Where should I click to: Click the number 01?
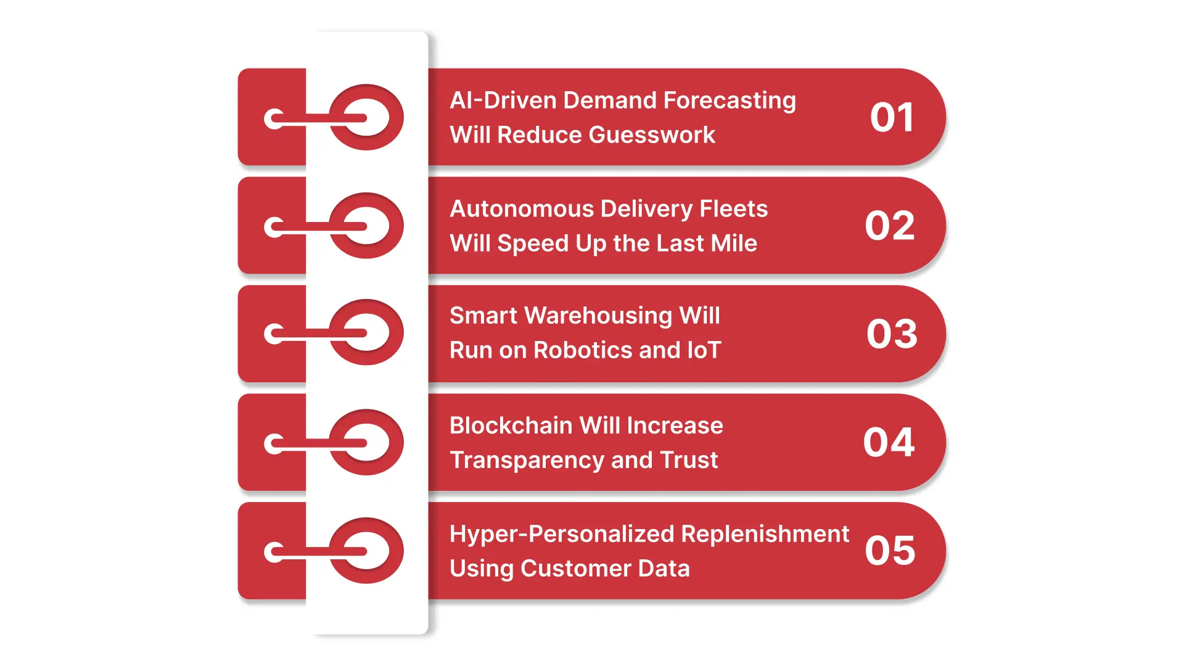point(892,117)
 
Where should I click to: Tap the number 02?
point(890,226)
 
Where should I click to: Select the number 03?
point(892,334)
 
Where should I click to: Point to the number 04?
point(889,442)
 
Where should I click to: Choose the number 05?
point(890,550)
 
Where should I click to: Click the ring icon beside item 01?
point(366,117)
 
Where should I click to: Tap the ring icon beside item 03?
point(366,333)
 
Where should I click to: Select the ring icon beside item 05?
point(366,551)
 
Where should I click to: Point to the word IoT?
point(704,350)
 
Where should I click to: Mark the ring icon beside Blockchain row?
point(366,442)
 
